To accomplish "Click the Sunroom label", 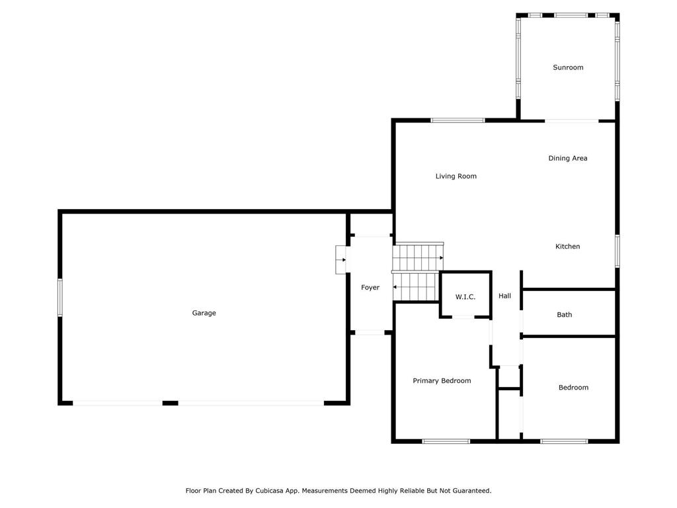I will click(568, 67).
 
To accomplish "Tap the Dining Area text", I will click(567, 158).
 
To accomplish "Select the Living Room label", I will click(456, 176).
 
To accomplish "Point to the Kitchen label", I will click(567, 246).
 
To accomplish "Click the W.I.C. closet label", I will click(465, 297).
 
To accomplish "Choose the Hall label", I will click(504, 296).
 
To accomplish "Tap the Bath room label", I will click(564, 315).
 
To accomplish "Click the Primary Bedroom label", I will click(442, 380).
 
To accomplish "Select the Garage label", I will click(204, 313).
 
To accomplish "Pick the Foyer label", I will click(370, 287).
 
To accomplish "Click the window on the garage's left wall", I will click(60, 298).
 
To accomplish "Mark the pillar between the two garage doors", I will click(170, 403).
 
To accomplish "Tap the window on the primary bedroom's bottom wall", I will click(446, 441).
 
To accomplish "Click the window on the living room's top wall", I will click(458, 120).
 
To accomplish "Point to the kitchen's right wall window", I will click(617, 251).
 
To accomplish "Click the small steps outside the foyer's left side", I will click(341, 259).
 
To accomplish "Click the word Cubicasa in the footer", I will click(283, 491).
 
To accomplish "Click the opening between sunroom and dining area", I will click(572, 121).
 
